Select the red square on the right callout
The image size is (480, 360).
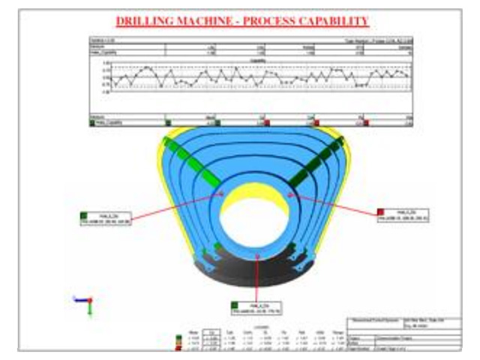coord(382,211)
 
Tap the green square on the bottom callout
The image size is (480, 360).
coord(235,303)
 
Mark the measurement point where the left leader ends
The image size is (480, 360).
coord(223,193)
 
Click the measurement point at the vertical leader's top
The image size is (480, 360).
coord(258,255)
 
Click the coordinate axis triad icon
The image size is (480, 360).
coord(87,302)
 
